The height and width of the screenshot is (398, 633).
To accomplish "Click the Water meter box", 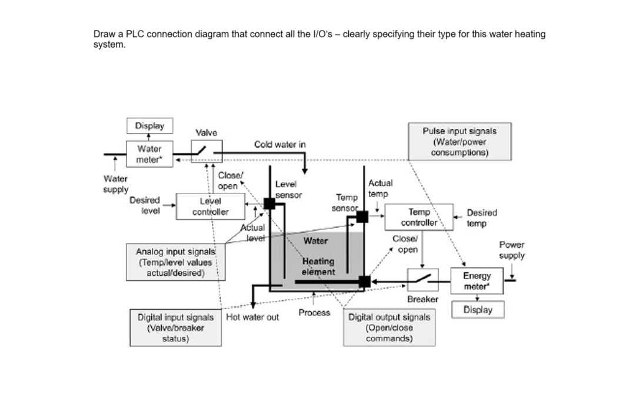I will [x=149, y=154].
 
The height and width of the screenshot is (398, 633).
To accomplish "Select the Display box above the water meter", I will [x=149, y=126].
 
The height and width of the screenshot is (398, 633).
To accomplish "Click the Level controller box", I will [x=210, y=207].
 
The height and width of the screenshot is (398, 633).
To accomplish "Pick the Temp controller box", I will [x=419, y=218].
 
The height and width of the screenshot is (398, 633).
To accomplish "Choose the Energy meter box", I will [x=477, y=281].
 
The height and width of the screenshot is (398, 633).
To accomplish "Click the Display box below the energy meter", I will [x=477, y=310].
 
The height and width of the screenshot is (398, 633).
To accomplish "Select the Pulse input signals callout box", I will [x=459, y=142].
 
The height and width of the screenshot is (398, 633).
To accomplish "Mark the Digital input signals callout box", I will [x=175, y=328].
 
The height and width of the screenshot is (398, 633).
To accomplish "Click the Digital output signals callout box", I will [x=389, y=328].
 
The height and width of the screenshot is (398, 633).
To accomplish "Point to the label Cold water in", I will [x=279, y=144].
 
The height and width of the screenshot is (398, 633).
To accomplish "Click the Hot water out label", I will [x=253, y=317].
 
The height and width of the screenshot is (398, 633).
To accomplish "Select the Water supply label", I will [x=116, y=183].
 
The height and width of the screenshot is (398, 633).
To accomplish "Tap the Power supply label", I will [x=512, y=250].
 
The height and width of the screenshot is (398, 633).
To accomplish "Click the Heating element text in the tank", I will [x=318, y=266].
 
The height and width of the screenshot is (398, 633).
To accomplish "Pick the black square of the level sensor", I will [x=269, y=203].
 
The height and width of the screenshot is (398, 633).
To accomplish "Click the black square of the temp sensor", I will [x=362, y=217].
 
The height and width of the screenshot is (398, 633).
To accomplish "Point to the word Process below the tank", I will [x=314, y=313].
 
